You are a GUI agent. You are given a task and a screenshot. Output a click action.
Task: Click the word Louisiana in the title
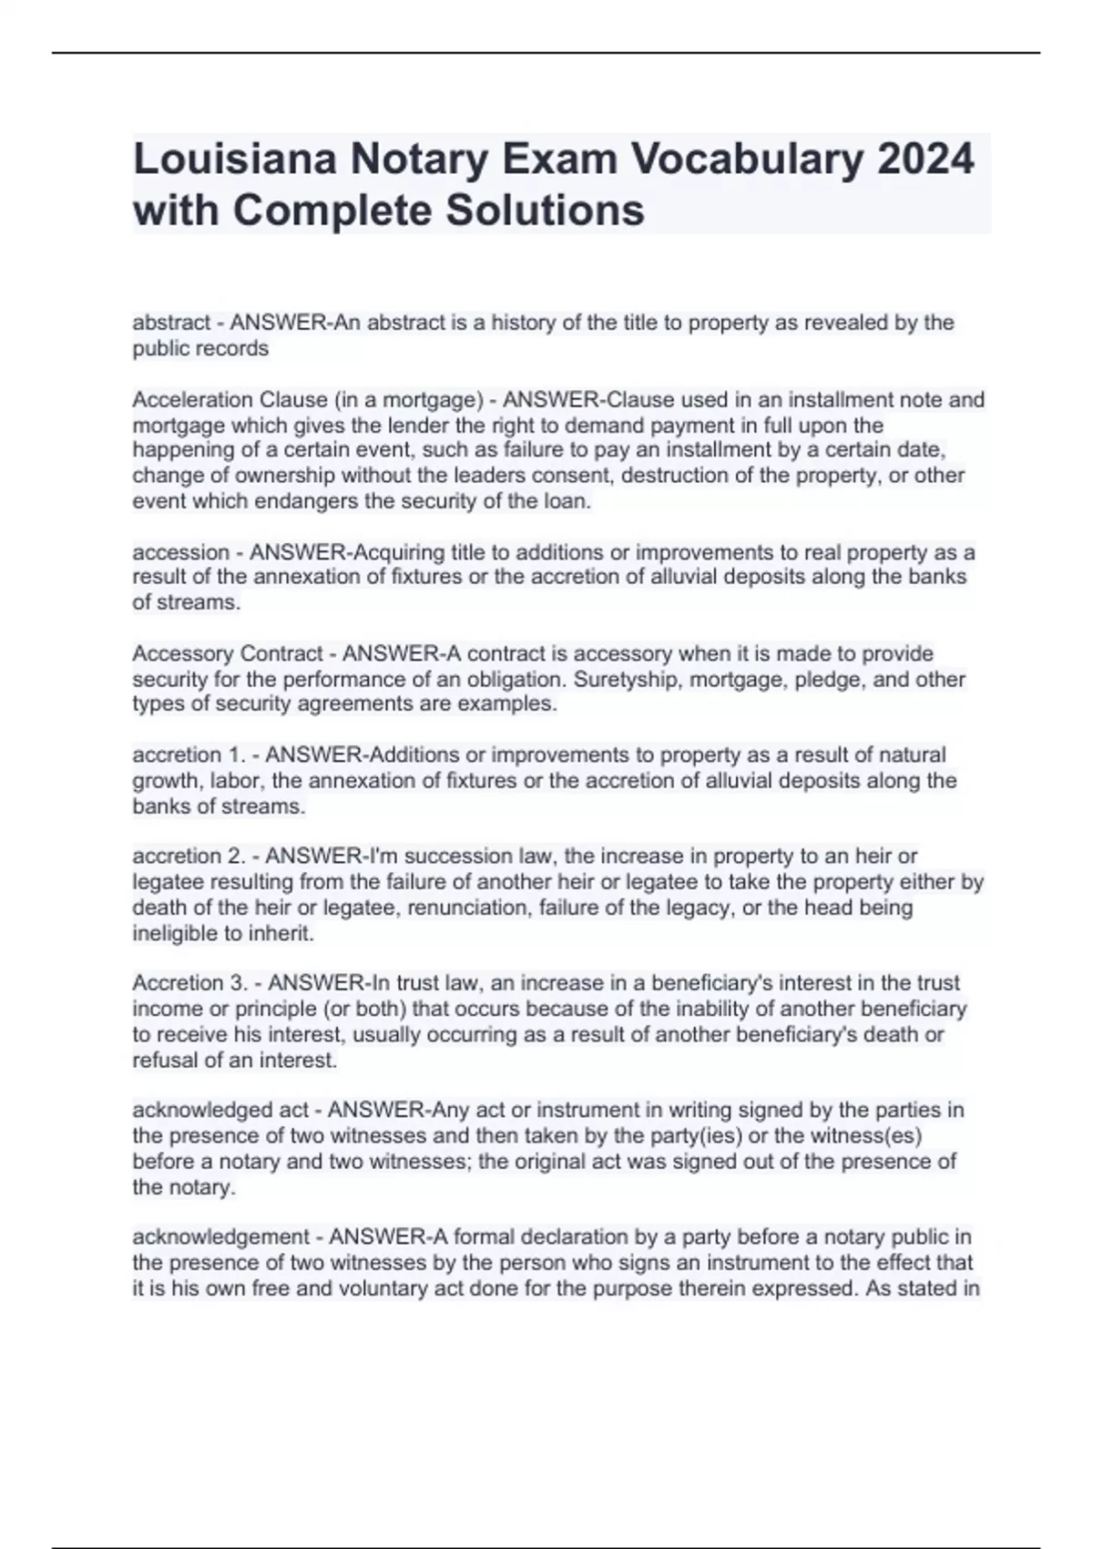point(235,159)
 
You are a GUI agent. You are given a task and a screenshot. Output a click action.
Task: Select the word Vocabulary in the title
point(748,159)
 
